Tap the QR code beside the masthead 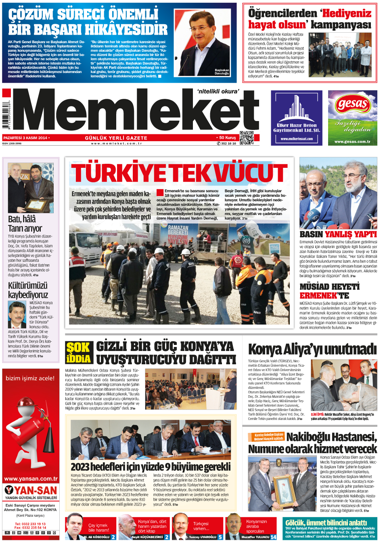pyautogui.click(x=247, y=138)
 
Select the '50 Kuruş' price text pyautogui.click(x=227, y=138)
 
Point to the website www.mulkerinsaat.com pyautogui.click(x=297, y=139)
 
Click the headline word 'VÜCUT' pyautogui.click(x=250, y=173)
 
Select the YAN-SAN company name pyautogui.click(x=36, y=490)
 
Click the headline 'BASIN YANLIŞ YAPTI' pyautogui.click(x=338, y=234)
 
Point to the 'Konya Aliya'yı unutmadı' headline pyautogui.click(x=312, y=349)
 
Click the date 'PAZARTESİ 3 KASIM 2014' pyautogui.click(x=25, y=138)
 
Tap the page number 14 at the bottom pyautogui.click(x=274, y=537)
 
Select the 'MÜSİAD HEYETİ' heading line pyautogui.click(x=329, y=286)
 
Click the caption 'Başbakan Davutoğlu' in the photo pyautogui.click(x=222, y=72)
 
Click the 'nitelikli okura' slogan pyautogui.click(x=218, y=92)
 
